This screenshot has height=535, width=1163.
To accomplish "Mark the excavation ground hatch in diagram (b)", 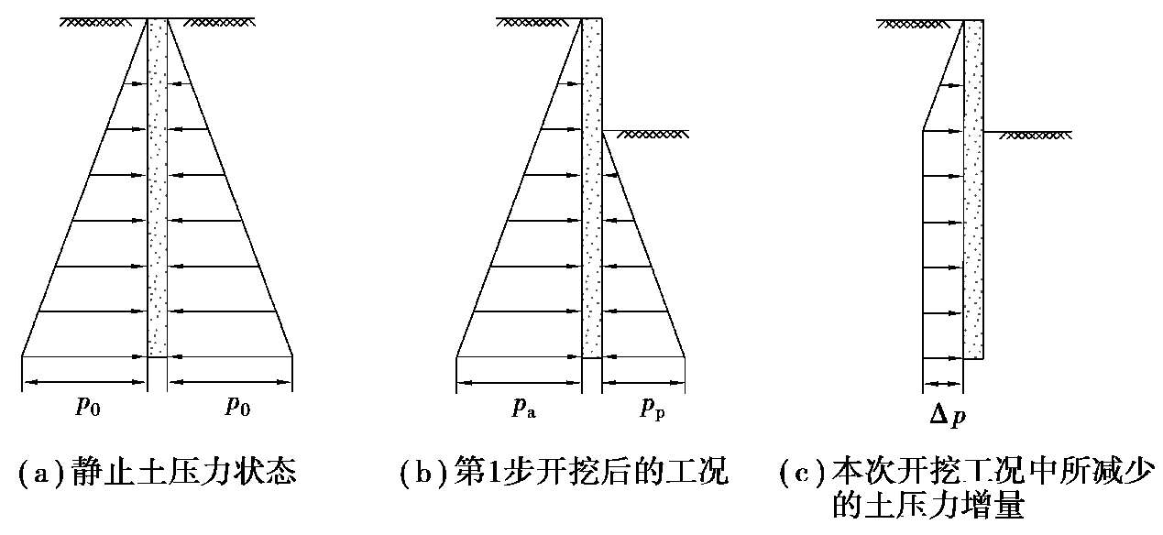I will click(x=653, y=134).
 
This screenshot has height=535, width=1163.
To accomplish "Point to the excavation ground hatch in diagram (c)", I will click(x=1034, y=136).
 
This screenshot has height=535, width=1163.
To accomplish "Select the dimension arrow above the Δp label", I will click(x=944, y=385).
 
